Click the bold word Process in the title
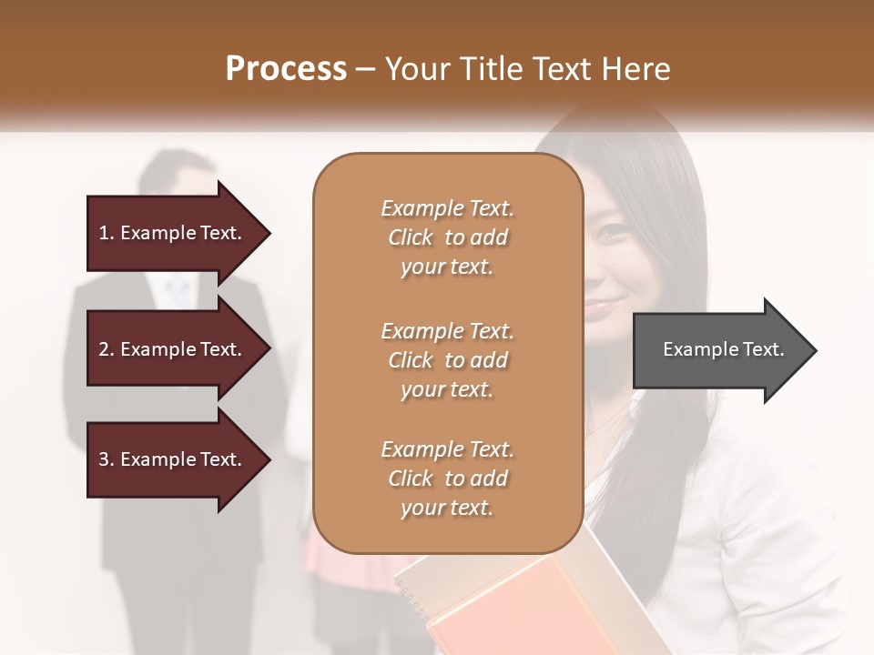(x=286, y=69)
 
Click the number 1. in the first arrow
(x=107, y=233)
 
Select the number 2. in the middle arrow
(x=107, y=349)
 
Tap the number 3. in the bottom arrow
(x=107, y=459)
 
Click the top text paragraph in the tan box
(x=447, y=237)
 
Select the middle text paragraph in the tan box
(x=447, y=359)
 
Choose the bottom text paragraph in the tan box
(x=447, y=479)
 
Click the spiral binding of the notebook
(x=414, y=600)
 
